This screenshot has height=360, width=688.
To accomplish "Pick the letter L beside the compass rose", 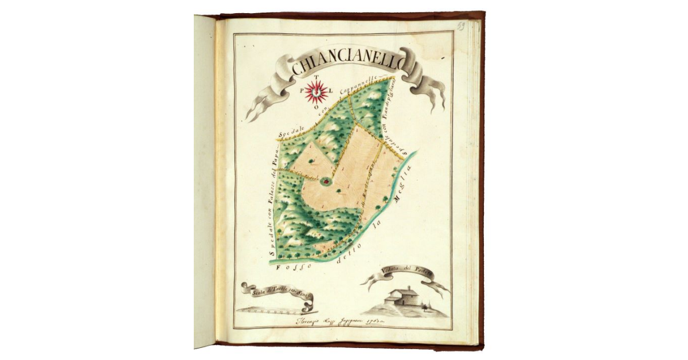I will [331, 91].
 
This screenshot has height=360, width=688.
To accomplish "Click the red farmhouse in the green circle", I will [326, 181].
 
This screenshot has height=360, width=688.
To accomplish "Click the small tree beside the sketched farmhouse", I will [425, 307].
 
